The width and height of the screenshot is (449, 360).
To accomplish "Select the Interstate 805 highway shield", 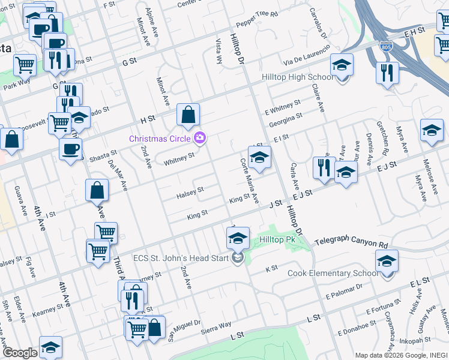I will click(387, 46).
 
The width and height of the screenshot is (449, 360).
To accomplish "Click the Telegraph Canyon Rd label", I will click(351, 244).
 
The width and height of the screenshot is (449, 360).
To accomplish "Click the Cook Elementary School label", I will click(333, 273).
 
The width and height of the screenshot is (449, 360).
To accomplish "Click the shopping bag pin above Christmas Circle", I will click(188, 115).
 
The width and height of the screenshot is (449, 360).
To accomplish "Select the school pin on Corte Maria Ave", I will click(259, 157).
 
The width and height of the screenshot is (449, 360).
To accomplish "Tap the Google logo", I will click(20, 353).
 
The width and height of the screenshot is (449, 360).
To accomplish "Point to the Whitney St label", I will click(179, 157).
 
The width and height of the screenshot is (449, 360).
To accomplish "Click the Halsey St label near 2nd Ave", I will click(190, 193).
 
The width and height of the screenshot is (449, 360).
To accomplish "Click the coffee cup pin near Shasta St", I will click(71, 149).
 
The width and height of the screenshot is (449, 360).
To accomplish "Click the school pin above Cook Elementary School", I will click(387, 261).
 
